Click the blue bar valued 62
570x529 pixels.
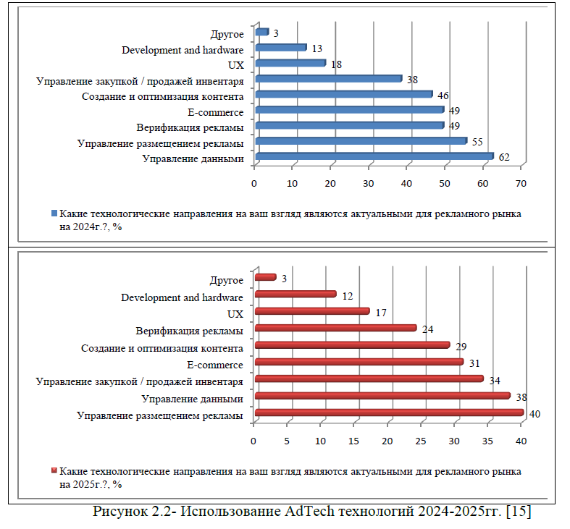coord(374,156)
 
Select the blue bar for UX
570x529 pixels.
coord(290,63)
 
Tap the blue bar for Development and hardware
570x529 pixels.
coord(281,48)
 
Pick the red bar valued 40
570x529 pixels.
coord(389,413)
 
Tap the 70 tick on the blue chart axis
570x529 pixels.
coord(520,183)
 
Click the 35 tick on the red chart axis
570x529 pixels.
coord(487,441)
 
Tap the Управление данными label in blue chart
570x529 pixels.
coord(192,158)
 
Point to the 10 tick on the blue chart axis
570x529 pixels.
coord(292,183)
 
